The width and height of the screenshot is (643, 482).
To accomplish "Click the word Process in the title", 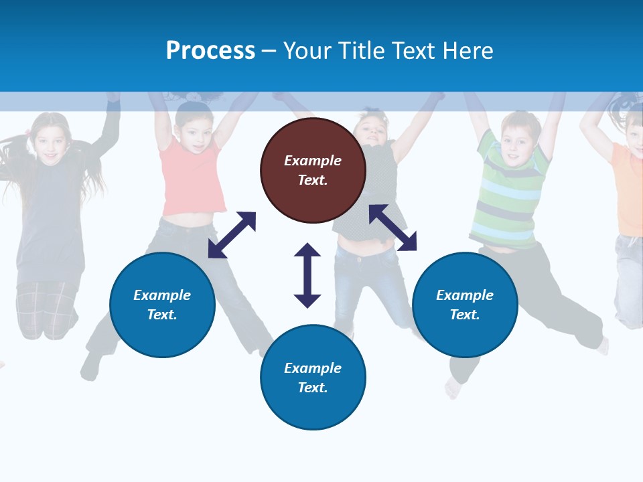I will coord(210,51).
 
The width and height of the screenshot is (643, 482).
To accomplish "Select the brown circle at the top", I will coord(313,170).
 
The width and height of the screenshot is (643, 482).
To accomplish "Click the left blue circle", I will coord(162,305).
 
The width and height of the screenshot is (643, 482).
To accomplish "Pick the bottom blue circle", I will coord(313,378).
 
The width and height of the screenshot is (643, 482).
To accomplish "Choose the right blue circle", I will coord(465,305).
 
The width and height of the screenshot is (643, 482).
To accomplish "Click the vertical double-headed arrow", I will coord(307,275).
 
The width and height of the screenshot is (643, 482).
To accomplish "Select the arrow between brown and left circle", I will coord(232,235).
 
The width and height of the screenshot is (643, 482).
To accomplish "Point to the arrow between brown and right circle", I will coord(392,228).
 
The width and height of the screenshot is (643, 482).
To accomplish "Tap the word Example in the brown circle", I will coord(313,161).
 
